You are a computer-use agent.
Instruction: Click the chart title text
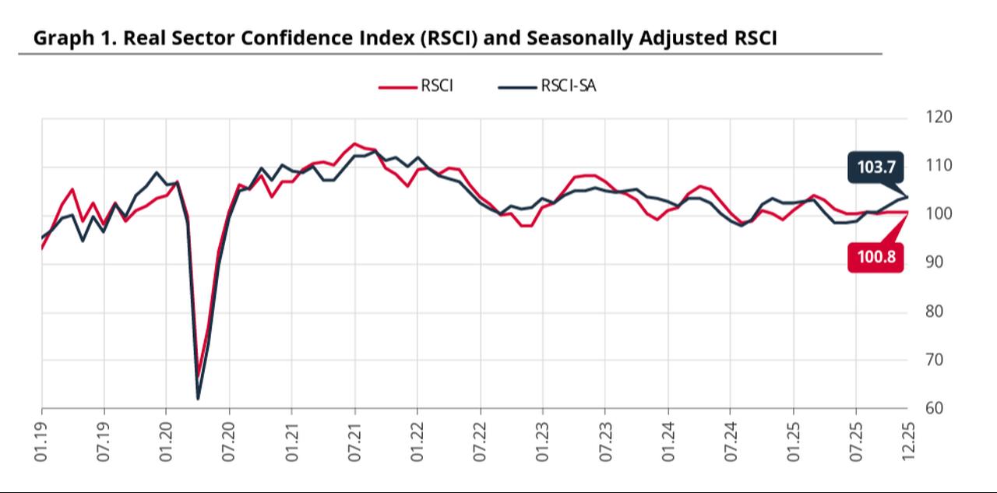coord(404,38)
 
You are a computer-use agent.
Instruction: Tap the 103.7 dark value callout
coord(875,167)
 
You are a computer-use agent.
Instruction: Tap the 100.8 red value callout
coord(875,256)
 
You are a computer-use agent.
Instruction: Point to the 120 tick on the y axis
coord(939,117)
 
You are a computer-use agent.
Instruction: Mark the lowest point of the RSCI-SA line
coord(198,399)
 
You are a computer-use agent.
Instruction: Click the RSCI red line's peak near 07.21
coord(354,144)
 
